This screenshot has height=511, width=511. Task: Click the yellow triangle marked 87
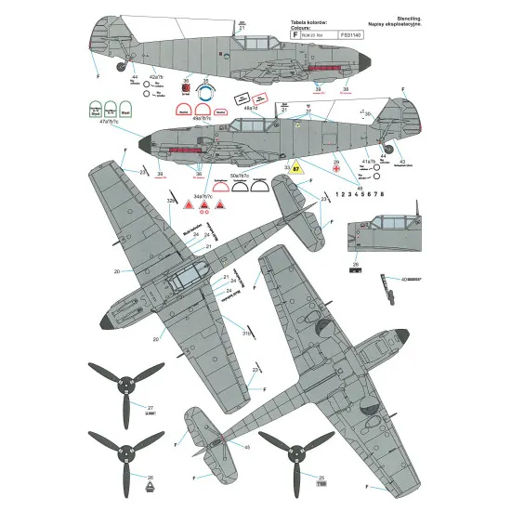point(295,169)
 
